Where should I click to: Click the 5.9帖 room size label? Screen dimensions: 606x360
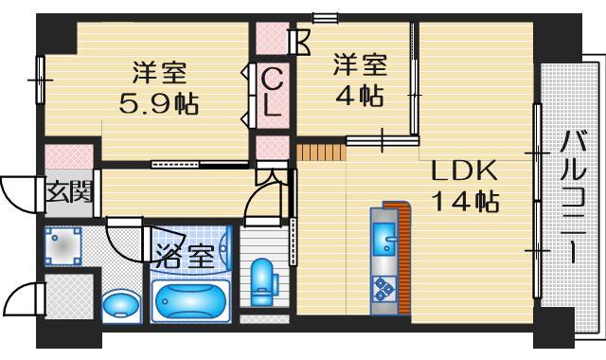159,103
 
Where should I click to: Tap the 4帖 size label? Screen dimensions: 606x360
360,96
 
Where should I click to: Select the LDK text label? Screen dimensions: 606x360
464,171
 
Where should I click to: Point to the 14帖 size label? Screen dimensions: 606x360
467,201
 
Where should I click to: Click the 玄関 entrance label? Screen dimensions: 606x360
69,191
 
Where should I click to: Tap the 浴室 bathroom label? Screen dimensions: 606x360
186,256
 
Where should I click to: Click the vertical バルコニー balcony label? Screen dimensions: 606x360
574,197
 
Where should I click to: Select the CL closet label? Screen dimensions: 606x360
272,93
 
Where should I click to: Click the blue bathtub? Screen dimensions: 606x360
190,301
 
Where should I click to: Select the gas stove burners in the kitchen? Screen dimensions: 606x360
383,289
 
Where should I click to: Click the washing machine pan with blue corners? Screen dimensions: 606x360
63,246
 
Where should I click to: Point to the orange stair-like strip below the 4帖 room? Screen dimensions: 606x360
321,153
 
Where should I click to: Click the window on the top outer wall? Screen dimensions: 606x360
326,17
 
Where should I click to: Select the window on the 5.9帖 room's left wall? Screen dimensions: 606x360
40,80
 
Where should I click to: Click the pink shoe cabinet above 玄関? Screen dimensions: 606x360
69,156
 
